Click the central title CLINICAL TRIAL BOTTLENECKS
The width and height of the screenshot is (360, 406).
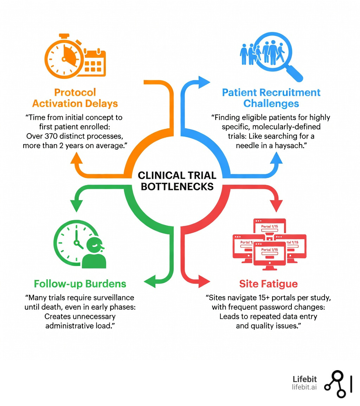pyautogui.click(x=177, y=180)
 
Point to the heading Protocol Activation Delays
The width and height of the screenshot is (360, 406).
pyautogui.click(x=75, y=98)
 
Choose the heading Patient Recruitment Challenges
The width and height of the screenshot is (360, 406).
pyautogui.click(x=271, y=98)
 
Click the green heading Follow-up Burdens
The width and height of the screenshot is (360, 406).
pyautogui.click(x=80, y=284)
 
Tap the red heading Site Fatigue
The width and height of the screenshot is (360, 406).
pyautogui.click(x=268, y=284)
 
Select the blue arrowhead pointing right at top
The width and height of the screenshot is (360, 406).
pyautogui.click(x=203, y=82)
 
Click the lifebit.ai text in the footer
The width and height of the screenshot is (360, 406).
pyautogui.click(x=304, y=387)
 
